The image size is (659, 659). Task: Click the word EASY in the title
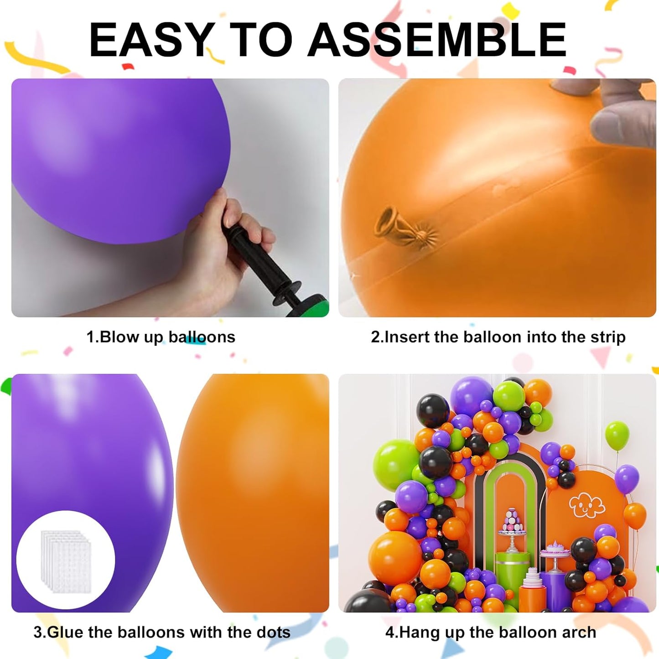pos(150,40)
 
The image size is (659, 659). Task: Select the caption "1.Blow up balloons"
pos(161,337)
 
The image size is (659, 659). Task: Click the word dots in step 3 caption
pos(273,632)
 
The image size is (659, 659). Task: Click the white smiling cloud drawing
pos(586,505)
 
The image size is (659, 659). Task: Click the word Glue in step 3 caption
pos(66,632)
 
